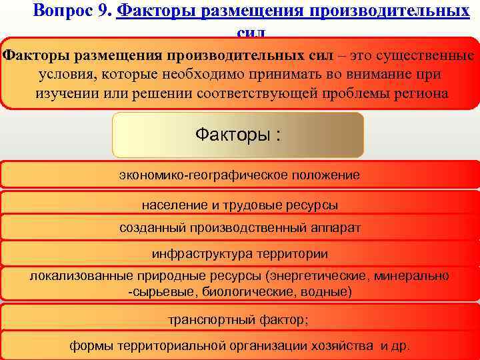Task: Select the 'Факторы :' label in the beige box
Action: click(x=238, y=135)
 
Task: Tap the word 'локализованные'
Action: click(x=77, y=276)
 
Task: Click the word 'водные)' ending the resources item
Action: click(x=330, y=291)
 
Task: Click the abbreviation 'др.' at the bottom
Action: click(x=400, y=347)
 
